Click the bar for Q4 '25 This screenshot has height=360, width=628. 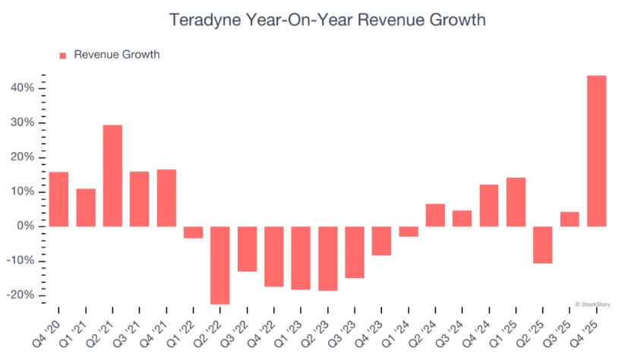point(596,150)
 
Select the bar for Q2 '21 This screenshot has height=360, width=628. point(112,175)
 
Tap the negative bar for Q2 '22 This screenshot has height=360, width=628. point(220,265)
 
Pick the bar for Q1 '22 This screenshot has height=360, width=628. point(193,232)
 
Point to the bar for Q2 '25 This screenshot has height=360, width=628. point(542,245)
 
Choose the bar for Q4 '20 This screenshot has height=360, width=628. point(58,199)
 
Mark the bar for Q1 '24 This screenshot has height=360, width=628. point(408,232)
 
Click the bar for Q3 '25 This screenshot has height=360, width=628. point(570,219)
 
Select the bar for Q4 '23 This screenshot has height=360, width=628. point(381,241)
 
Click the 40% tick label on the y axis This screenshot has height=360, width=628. point(23,88)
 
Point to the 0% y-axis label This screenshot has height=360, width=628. point(26,226)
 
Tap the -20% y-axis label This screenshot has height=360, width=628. point(21,295)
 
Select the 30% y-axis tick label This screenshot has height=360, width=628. point(23,123)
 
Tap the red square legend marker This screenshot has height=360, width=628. point(63,55)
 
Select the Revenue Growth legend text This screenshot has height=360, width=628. point(117,55)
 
